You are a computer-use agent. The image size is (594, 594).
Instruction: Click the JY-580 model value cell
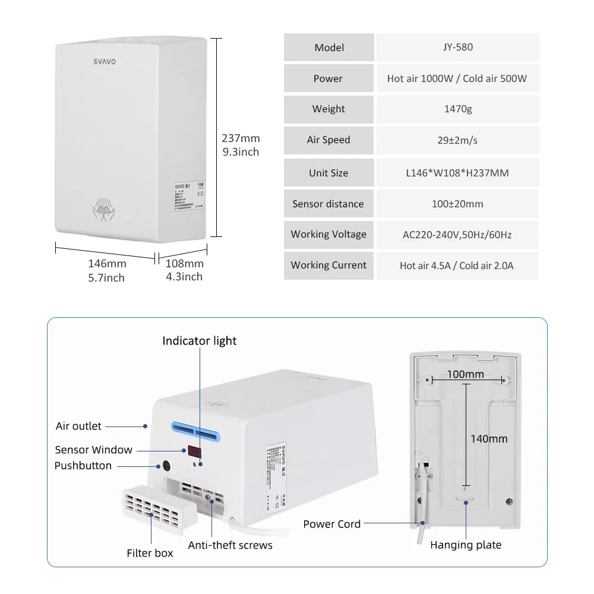coord(457,48)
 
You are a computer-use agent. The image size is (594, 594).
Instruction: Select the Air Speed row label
coord(328,140)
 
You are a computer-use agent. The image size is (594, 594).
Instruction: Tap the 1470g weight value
coord(457,109)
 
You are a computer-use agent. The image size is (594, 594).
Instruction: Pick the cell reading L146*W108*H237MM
coord(457,173)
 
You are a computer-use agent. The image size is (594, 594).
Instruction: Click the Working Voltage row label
coord(328,235)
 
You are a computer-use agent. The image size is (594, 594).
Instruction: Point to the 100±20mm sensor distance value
coord(457,204)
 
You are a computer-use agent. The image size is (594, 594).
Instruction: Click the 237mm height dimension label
coord(241,138)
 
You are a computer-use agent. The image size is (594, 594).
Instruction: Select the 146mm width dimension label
coord(107,264)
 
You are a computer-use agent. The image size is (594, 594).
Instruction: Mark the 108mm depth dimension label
coord(184,264)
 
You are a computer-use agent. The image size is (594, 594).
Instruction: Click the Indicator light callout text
coord(199,341)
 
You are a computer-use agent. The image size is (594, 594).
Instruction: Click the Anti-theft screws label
coord(230,545)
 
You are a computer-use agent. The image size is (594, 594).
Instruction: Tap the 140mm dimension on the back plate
coord(489,439)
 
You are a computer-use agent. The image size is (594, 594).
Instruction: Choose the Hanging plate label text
coord(466,545)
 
